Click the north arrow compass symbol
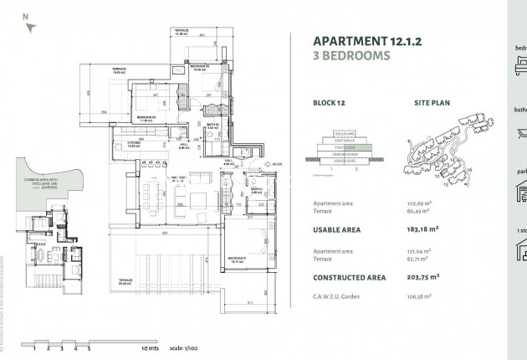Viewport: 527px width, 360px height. click(x=30, y=26)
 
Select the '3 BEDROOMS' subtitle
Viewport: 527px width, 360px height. click(x=351, y=56)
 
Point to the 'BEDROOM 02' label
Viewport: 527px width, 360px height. click(x=199, y=65)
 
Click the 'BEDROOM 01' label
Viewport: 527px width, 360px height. click(x=237, y=260)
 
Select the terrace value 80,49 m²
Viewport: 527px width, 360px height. click(x=418, y=212)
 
